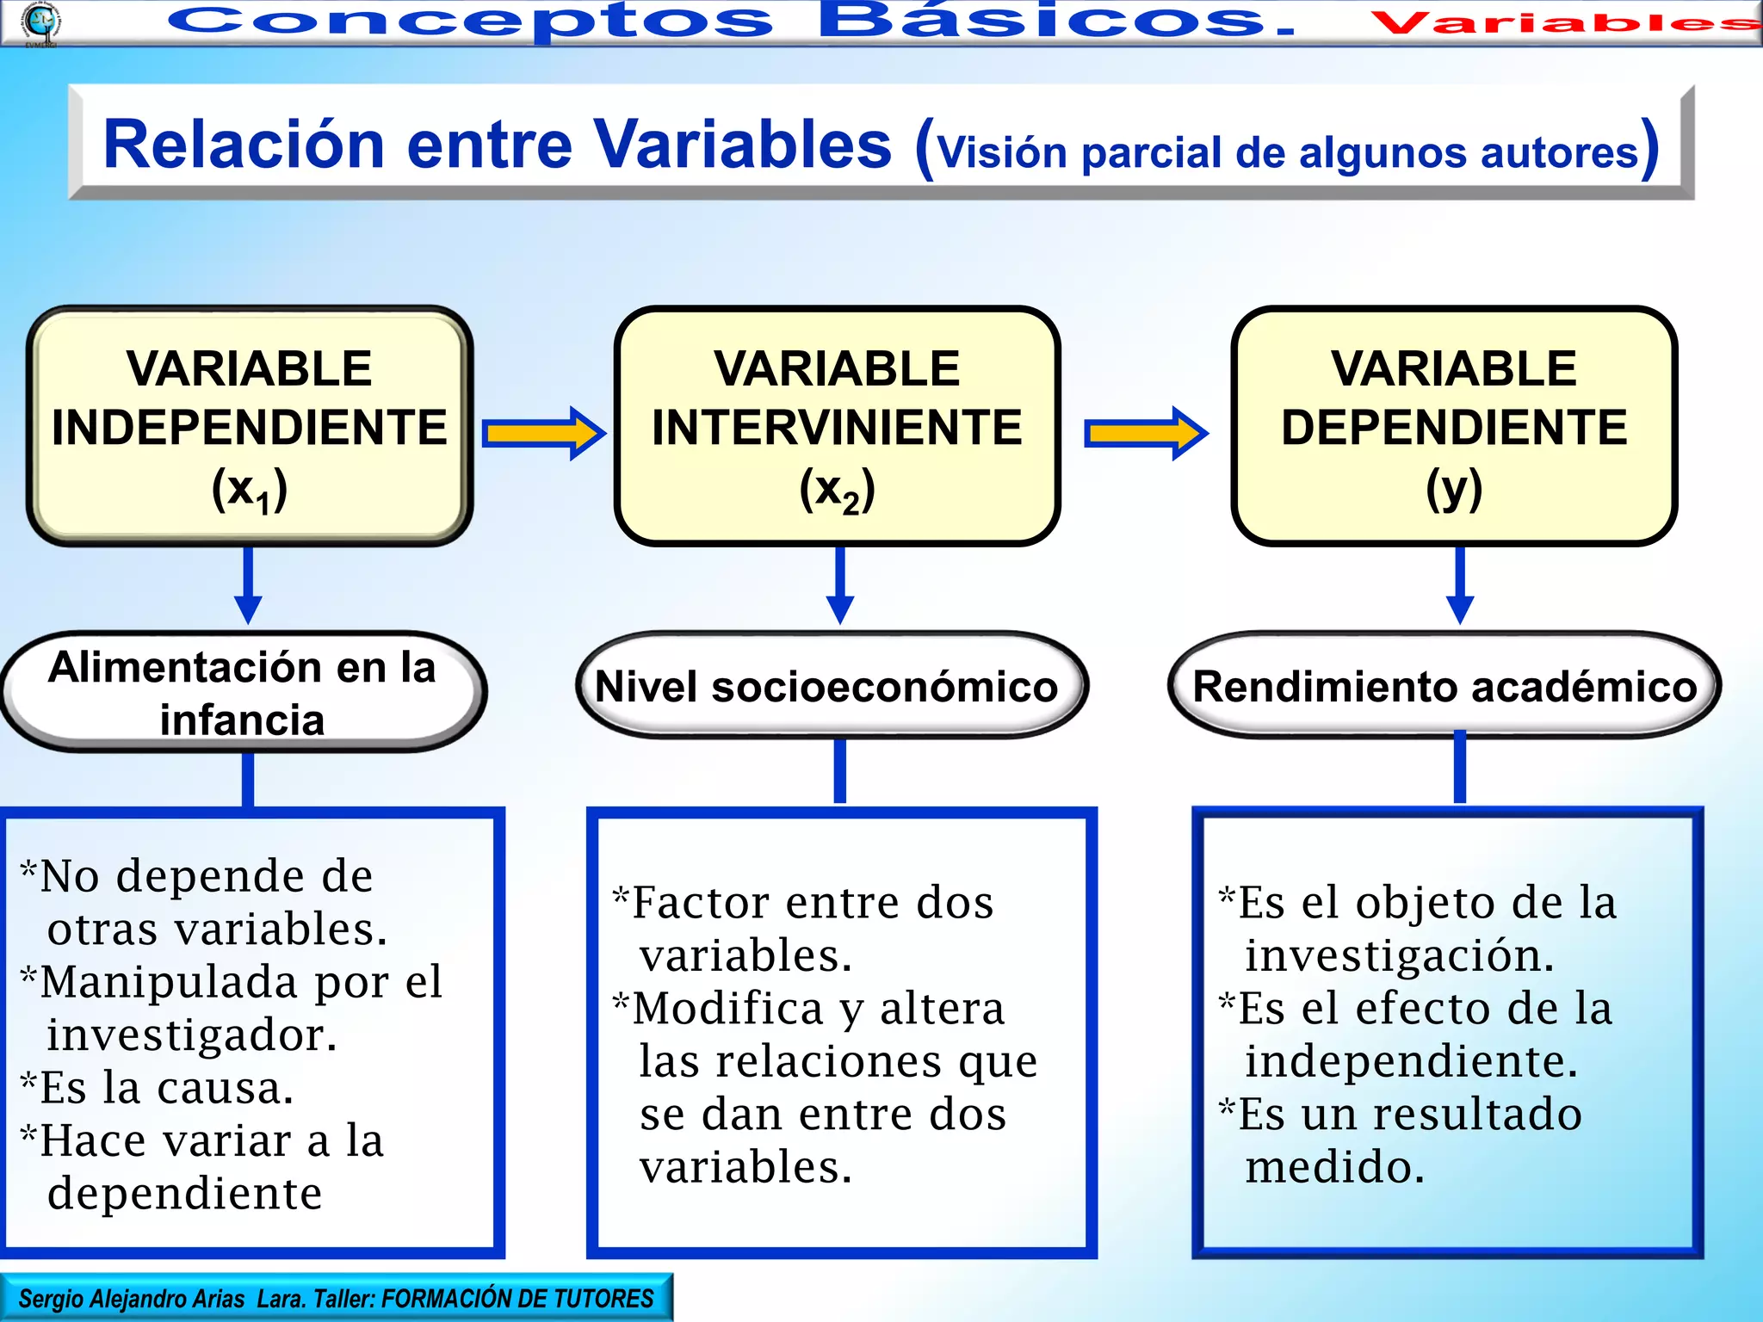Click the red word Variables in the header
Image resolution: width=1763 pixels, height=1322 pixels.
tap(1562, 22)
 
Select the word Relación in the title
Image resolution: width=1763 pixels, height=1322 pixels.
tap(243, 145)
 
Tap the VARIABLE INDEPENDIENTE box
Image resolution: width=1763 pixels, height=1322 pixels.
tap(250, 426)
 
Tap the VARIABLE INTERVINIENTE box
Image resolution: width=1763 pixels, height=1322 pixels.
tap(837, 426)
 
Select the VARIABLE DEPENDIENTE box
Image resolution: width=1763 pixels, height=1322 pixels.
tap(1454, 426)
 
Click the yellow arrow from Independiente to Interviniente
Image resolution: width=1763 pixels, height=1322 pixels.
tap(543, 433)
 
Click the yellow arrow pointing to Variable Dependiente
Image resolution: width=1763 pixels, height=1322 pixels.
tap(1145, 433)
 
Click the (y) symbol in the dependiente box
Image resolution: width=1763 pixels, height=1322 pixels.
tap(1454, 489)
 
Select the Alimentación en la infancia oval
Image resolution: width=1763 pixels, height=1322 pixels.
tap(243, 693)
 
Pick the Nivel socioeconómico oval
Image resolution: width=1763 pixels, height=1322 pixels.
tap(831, 687)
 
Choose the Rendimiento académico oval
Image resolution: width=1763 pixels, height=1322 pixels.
tap(1444, 687)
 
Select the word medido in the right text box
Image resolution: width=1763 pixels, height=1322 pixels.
tap(1335, 1167)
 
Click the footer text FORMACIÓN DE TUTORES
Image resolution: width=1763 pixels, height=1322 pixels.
tap(517, 1299)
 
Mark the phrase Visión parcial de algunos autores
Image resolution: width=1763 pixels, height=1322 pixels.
tap(1288, 153)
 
